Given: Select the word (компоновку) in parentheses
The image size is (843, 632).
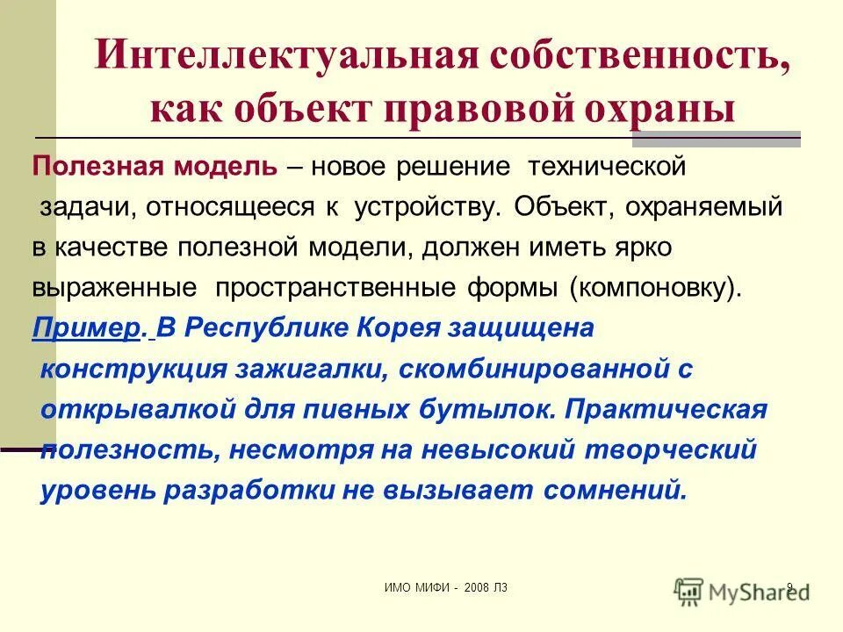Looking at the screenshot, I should click(653, 288).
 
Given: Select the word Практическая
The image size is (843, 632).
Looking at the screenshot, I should click(666, 409).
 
